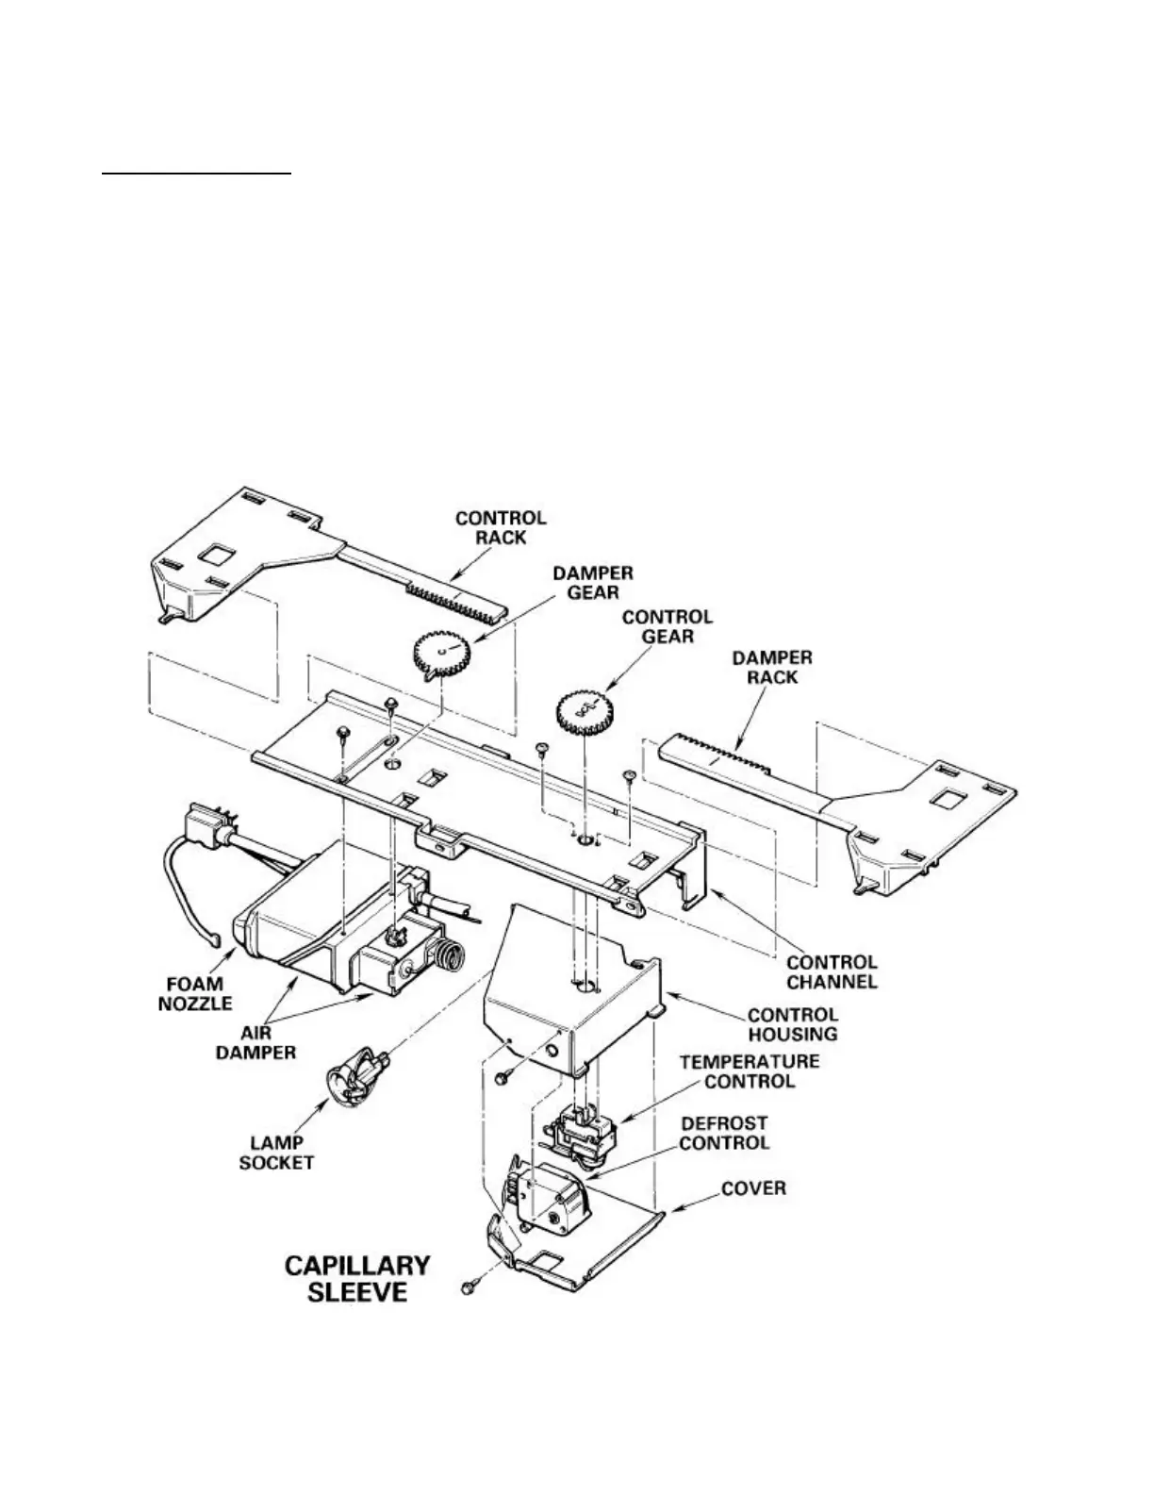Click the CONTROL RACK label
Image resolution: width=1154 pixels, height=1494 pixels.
point(500,527)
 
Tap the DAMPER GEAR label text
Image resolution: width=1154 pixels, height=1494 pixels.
point(592,582)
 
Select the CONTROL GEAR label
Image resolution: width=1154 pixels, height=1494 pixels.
point(667,626)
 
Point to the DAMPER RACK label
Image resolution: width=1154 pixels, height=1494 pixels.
point(772,667)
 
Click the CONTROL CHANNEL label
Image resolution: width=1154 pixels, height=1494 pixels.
point(832,971)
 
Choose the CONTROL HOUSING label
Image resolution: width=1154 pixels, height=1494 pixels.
point(792,1024)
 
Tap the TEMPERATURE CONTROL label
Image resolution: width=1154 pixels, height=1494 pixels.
point(750,1071)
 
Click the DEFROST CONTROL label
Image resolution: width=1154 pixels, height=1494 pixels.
point(724,1133)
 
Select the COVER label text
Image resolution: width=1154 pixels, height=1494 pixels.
point(753,1187)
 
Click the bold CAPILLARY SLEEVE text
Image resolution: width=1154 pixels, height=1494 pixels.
point(357,1278)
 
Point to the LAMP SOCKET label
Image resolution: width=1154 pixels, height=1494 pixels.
point(276,1153)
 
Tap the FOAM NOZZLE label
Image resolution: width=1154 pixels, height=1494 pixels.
point(193,993)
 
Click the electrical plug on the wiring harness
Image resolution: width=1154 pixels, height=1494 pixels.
point(208,821)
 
